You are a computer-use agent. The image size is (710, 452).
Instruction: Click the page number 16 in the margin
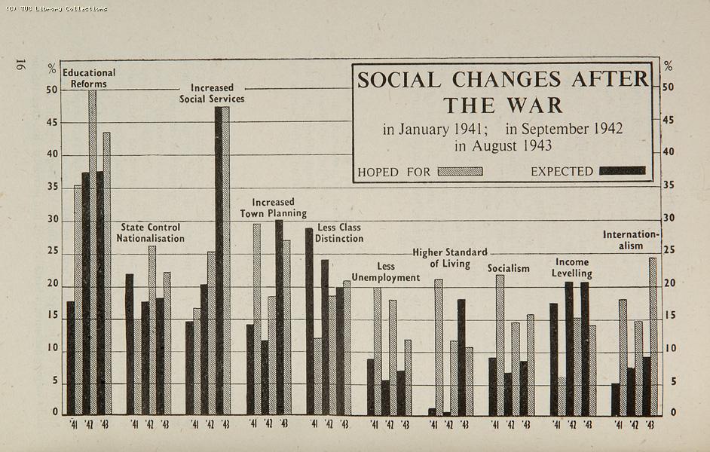click(x=19, y=66)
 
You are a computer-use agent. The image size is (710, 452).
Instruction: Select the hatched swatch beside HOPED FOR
click(x=460, y=171)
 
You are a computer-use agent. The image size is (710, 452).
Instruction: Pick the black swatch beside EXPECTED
click(x=622, y=171)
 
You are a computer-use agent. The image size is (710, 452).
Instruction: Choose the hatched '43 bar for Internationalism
click(x=653, y=336)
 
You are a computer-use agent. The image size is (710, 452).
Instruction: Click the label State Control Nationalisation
click(x=150, y=233)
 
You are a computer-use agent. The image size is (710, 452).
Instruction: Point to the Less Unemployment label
click(x=386, y=272)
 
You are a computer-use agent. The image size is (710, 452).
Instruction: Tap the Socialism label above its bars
click(x=508, y=268)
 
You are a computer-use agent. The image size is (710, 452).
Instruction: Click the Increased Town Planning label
click(x=273, y=208)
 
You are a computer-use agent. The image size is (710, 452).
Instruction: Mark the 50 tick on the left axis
click(x=51, y=90)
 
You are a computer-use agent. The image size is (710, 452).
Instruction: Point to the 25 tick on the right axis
click(x=668, y=250)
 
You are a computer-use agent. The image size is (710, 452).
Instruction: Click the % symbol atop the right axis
click(x=668, y=67)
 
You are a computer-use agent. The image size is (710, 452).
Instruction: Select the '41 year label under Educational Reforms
click(x=73, y=424)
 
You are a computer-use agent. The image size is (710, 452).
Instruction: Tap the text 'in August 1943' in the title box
click(x=503, y=145)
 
